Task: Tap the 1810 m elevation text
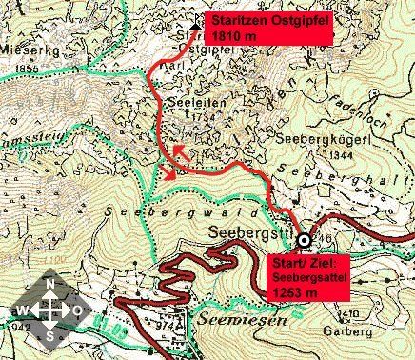[x=235, y=35]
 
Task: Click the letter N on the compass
[x=49, y=286]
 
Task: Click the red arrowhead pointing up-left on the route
[x=177, y=150]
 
